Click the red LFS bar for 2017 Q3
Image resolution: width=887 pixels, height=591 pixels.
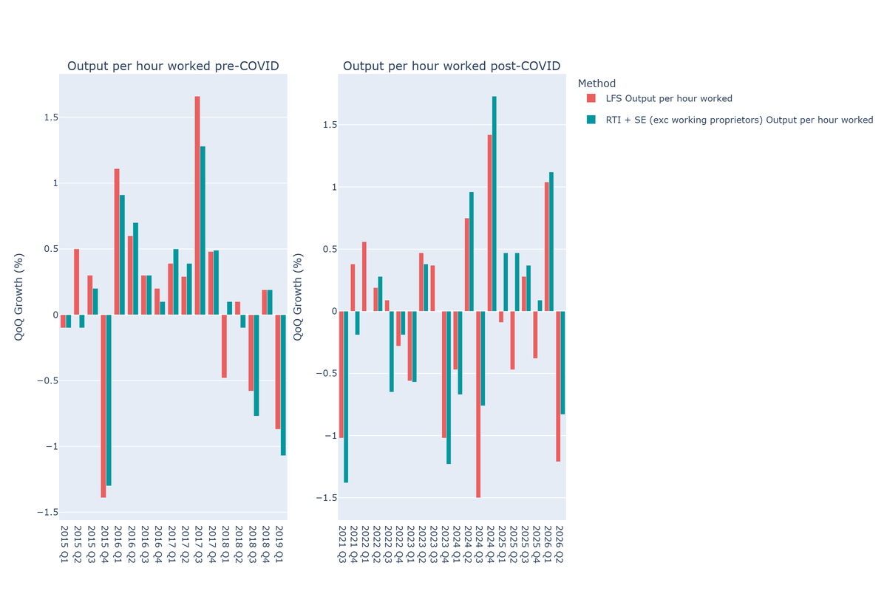point(197,205)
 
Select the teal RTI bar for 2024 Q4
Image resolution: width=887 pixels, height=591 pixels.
point(495,203)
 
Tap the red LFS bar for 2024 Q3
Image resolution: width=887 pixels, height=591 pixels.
point(478,404)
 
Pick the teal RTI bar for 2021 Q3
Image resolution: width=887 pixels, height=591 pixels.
point(346,397)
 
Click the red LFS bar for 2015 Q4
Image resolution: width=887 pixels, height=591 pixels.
point(103,406)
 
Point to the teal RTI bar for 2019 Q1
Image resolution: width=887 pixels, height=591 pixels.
point(283,385)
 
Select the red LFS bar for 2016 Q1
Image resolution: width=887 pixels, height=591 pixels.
point(117,242)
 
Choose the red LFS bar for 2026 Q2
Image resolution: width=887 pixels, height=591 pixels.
point(558,386)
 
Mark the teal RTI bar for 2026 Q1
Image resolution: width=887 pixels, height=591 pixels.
point(551,242)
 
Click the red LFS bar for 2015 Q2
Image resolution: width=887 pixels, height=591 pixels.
point(76,282)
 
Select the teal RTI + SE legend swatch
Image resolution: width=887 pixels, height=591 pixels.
point(591,120)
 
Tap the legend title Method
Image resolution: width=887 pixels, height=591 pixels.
point(597,83)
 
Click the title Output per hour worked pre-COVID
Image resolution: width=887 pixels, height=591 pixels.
point(173,66)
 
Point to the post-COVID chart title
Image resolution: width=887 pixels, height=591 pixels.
point(452,66)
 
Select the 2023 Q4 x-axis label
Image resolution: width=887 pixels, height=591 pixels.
point(445,544)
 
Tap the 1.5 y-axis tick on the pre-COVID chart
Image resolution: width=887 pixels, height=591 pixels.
point(51,117)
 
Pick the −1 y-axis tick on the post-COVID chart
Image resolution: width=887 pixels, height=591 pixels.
point(330,436)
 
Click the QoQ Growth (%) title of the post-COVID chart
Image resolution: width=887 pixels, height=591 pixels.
point(297,297)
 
